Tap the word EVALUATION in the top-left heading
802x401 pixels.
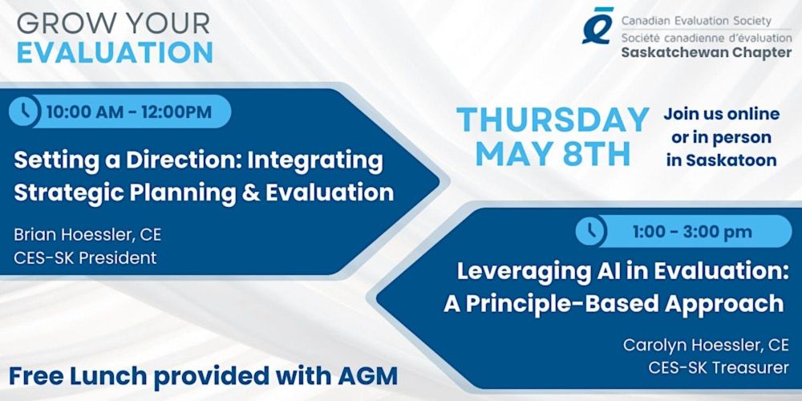click(115, 53)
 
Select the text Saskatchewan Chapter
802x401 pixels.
click(707, 53)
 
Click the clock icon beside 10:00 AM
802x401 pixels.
click(25, 111)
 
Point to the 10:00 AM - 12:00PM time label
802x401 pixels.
click(129, 112)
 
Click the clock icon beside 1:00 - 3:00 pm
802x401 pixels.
click(591, 231)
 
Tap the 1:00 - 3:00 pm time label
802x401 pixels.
click(692, 232)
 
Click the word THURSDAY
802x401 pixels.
click(553, 119)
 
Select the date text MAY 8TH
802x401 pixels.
click(553, 155)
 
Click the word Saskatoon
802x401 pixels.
click(731, 160)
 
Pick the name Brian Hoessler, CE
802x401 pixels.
click(87, 235)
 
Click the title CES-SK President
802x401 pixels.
click(85, 257)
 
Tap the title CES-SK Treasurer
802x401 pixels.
click(718, 368)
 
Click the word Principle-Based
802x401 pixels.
click(587, 304)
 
